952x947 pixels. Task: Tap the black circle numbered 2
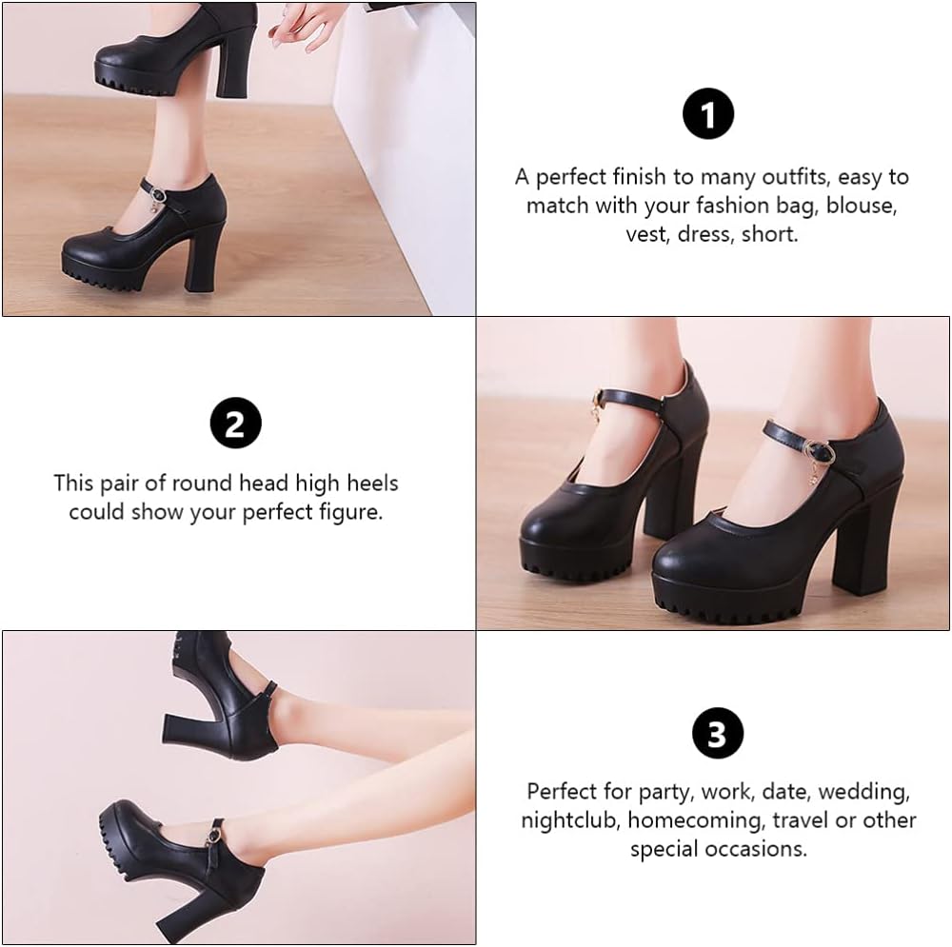click(235, 424)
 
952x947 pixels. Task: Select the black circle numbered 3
click(717, 735)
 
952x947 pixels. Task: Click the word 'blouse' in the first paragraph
click(862, 205)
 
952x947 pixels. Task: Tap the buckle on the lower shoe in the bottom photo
click(219, 837)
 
